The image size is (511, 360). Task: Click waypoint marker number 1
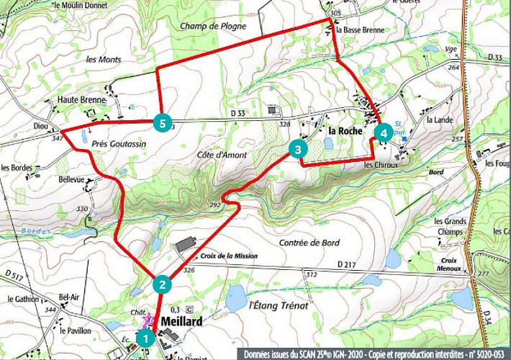coord(145,336)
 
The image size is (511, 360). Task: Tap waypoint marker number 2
coord(163,284)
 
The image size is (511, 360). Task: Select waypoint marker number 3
coord(297,149)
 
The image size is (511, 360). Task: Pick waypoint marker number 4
coord(384,133)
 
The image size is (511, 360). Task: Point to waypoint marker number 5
coord(163,124)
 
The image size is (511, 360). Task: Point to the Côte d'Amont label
coord(221,155)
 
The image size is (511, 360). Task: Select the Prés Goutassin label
coord(119,144)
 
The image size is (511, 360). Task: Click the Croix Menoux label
coord(450,264)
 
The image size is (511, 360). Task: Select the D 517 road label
coord(14,274)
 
